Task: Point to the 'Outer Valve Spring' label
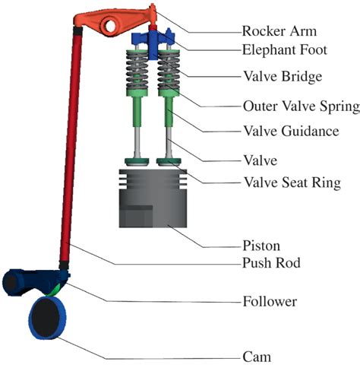(x=299, y=106)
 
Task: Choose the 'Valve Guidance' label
(x=289, y=131)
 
